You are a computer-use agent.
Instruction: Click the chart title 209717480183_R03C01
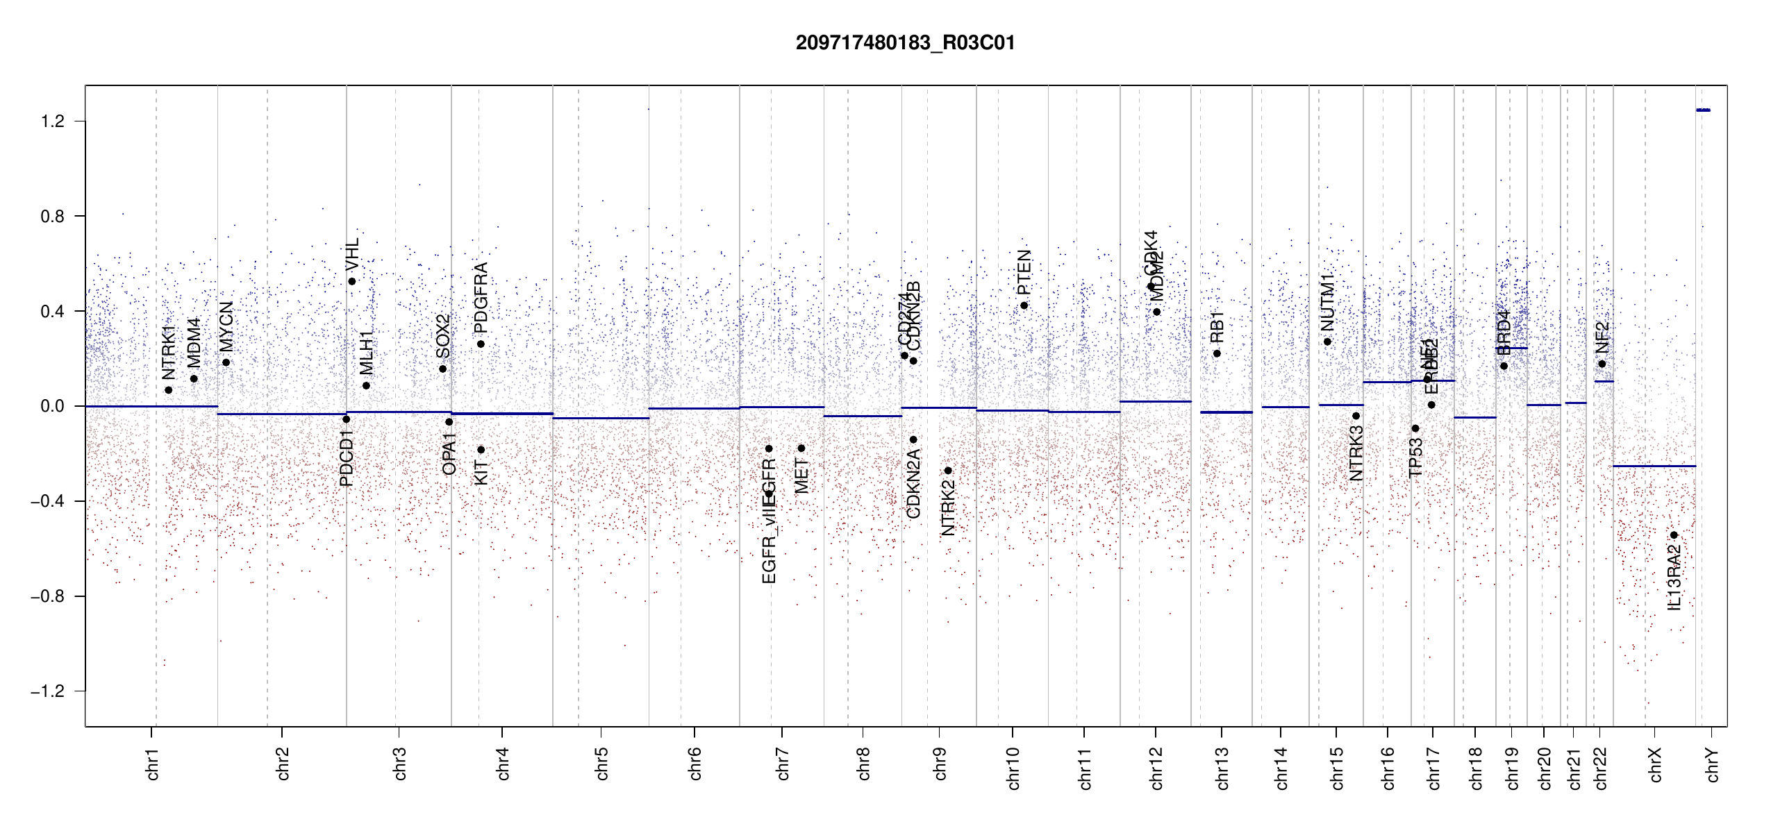905,43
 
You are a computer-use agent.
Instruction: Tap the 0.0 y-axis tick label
52,406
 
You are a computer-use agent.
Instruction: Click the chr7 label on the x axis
783,764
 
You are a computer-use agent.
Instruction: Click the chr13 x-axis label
1222,768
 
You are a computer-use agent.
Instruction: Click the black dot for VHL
352,281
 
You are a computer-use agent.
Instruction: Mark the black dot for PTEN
1024,305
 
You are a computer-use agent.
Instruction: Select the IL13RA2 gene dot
1674,535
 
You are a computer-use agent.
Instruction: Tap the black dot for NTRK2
948,471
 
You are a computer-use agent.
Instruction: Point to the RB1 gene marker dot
1217,353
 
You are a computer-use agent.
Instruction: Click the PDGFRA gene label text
481,298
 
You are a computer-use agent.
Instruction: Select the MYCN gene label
226,326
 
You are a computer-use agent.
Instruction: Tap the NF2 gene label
1602,337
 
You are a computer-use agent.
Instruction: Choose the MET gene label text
801,476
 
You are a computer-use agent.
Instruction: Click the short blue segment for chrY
1703,110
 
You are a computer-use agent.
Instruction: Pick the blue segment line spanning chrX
1654,466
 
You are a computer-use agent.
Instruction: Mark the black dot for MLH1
366,385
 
